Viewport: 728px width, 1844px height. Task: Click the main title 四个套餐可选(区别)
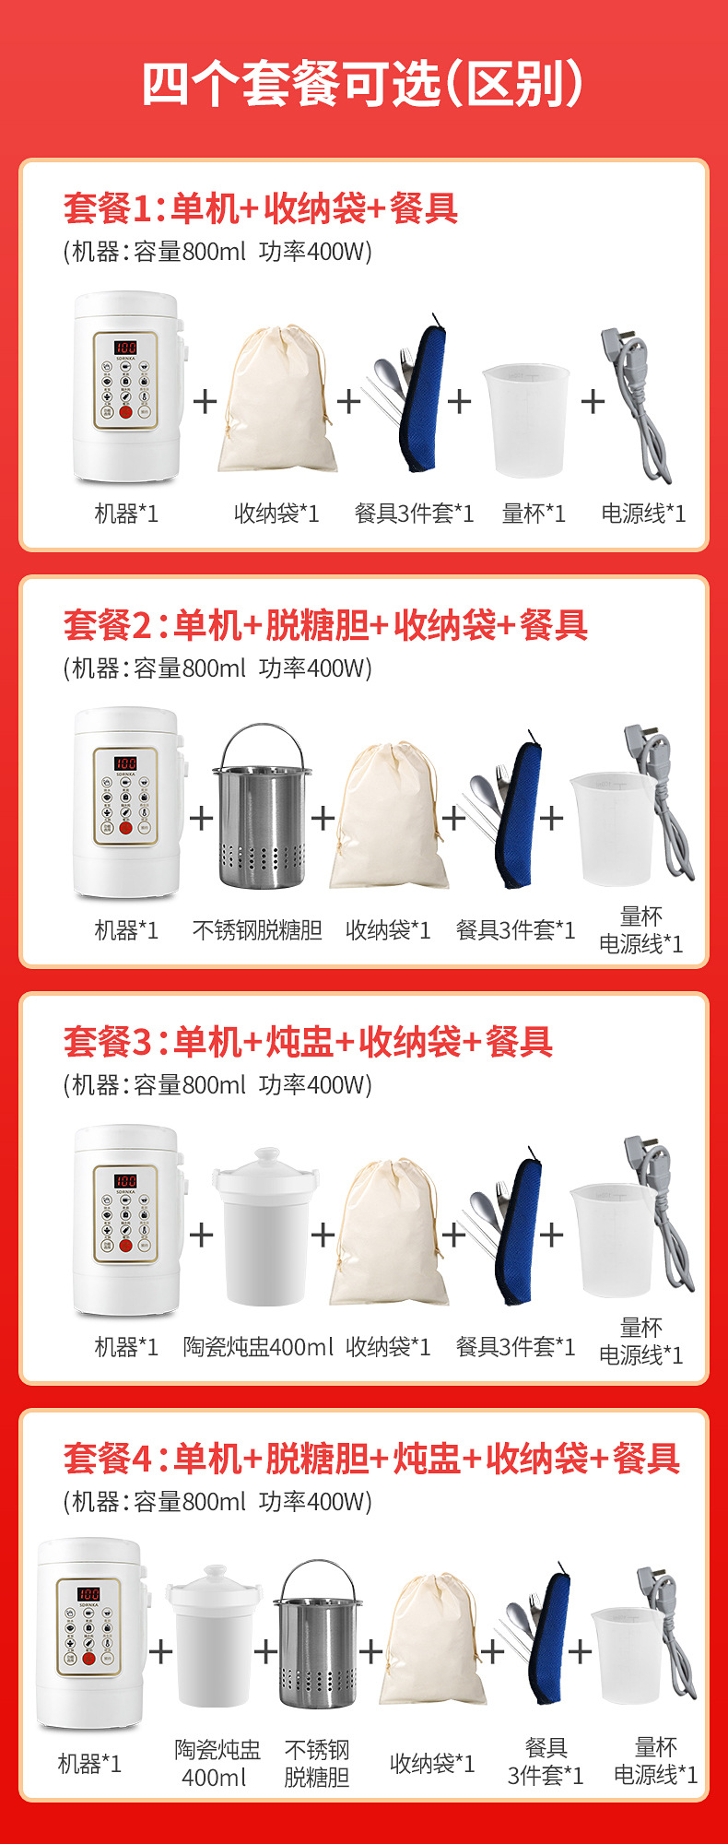363,85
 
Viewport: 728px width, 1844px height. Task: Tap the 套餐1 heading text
261,208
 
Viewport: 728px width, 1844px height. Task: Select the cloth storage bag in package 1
275,398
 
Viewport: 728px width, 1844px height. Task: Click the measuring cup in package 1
525,420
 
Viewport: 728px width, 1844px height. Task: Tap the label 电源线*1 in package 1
643,514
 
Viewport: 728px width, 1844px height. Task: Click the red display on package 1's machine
125,349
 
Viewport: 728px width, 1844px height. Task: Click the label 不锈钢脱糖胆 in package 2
257,930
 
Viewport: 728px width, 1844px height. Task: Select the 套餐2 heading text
325,625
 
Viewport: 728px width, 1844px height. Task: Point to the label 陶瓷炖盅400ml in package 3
258,1347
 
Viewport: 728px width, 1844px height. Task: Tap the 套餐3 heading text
308,1042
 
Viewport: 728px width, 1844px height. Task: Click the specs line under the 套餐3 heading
217,1085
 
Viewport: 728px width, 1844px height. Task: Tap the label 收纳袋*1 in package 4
432,1764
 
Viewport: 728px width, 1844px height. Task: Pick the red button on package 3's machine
125,1245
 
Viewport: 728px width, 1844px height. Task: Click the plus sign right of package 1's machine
205,400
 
